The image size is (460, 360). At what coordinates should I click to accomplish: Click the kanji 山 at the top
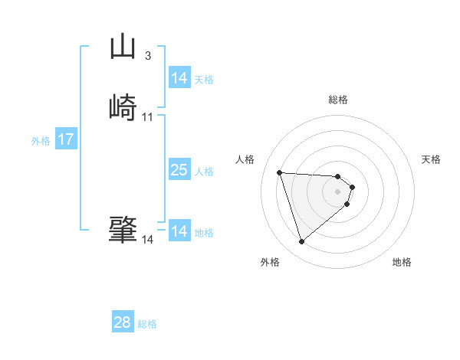[123, 47]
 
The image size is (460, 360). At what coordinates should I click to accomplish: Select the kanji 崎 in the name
[123, 106]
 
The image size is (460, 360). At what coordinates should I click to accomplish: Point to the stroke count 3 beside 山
[147, 56]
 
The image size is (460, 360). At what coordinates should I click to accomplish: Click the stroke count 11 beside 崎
[147, 117]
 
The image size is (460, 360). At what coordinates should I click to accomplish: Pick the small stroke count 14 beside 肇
[147, 240]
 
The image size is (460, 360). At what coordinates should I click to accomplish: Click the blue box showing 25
[179, 170]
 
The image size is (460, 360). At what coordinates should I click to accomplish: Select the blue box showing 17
[65, 139]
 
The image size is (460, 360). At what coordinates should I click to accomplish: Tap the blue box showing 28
[123, 322]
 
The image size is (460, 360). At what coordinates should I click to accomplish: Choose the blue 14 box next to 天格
[179, 78]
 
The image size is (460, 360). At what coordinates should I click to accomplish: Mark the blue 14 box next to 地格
[179, 231]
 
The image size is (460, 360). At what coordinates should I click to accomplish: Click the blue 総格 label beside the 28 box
[147, 324]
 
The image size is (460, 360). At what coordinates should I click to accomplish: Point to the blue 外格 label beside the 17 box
[41, 141]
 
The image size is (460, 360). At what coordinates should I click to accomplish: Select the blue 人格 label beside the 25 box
[204, 172]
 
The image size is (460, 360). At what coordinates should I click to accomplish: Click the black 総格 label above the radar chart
[338, 100]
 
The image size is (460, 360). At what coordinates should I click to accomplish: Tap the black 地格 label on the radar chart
[402, 262]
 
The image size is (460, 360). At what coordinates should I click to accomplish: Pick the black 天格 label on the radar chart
[431, 159]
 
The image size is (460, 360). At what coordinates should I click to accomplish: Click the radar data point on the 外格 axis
[302, 242]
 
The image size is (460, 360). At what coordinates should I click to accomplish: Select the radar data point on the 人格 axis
[280, 172]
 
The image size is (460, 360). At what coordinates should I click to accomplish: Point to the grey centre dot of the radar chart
[338, 191]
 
